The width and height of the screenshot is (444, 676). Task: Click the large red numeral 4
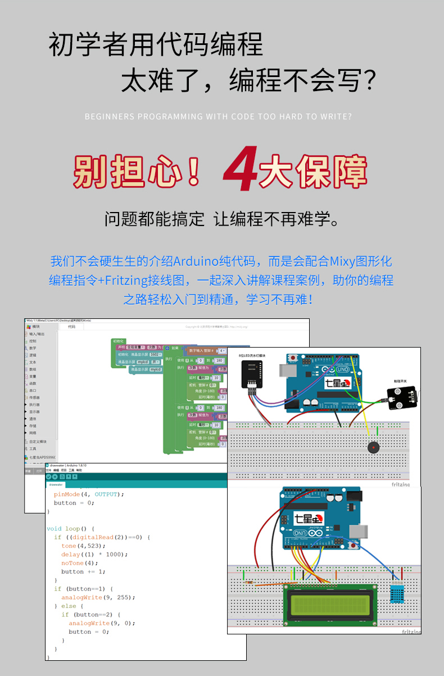pyautogui.click(x=240, y=169)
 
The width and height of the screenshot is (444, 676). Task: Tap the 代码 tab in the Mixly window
pyautogui.click(x=71, y=326)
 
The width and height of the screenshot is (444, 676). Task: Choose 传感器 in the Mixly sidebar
pyautogui.click(x=34, y=398)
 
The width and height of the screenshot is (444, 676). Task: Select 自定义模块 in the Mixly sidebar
pyautogui.click(x=38, y=441)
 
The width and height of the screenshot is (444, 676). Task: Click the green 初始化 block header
pyautogui.click(x=119, y=341)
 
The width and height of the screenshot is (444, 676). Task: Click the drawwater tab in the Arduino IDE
pyautogui.click(x=56, y=484)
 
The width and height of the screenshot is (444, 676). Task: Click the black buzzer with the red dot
pyautogui.click(x=372, y=448)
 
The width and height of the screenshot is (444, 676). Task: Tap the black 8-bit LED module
pyautogui.click(x=251, y=373)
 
